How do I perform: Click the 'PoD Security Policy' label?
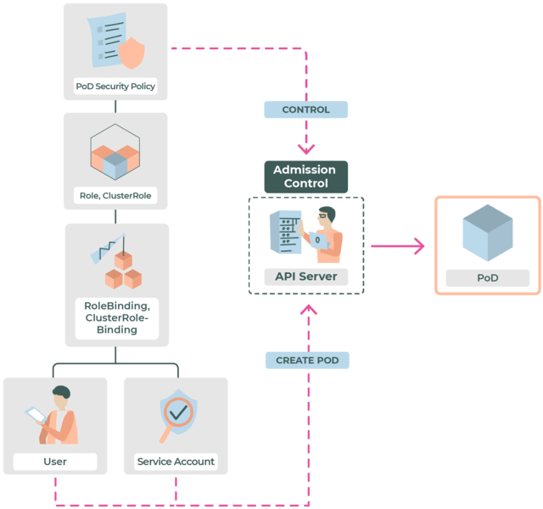(x=115, y=87)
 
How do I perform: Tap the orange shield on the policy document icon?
(x=131, y=52)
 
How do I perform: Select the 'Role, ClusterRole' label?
(x=115, y=196)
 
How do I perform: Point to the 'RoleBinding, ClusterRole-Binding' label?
(x=117, y=317)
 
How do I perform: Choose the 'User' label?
(x=55, y=461)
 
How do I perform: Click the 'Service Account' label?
(x=176, y=461)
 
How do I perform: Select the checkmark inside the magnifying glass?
(x=179, y=412)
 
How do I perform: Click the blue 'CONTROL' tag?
(x=305, y=109)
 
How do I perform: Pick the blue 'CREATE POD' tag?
(x=307, y=361)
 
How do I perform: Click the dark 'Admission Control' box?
(x=305, y=176)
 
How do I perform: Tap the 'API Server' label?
(x=305, y=277)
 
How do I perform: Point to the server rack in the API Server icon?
(x=287, y=234)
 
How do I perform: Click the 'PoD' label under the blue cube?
(x=487, y=278)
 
